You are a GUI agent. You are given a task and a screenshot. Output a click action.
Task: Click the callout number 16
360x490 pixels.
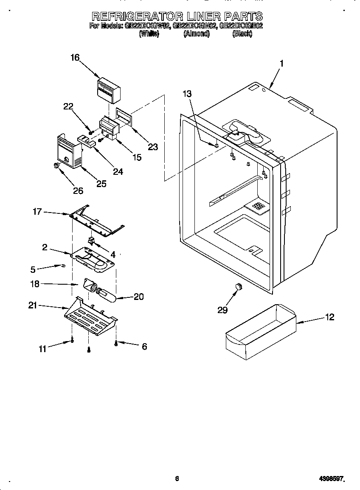tap(75, 58)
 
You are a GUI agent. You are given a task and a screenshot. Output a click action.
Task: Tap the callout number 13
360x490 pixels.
tap(187, 94)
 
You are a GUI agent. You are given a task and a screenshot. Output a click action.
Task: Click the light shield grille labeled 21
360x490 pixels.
tap(90, 316)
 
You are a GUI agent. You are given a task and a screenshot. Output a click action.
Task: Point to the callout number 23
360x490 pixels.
tap(153, 147)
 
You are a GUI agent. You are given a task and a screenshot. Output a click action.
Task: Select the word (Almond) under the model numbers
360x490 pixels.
tap(196, 34)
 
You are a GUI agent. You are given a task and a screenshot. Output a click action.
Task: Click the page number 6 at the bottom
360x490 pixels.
tap(177, 479)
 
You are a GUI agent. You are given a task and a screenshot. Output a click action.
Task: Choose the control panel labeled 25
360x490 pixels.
tap(68, 151)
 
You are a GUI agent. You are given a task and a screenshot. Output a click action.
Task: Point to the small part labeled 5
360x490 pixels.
tap(62, 266)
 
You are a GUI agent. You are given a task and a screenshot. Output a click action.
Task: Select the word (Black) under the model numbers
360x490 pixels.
tap(242, 34)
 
